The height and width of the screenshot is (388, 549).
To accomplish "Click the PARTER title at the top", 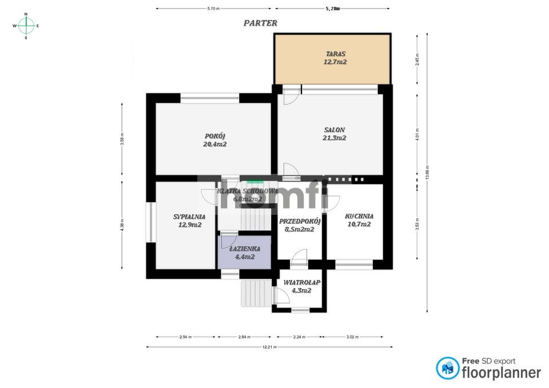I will (x=260, y=23).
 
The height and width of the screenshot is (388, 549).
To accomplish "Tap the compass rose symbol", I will (x=26, y=26).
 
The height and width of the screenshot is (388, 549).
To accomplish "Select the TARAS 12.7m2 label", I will (x=334, y=58).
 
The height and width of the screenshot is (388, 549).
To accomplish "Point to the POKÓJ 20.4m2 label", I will (x=214, y=140).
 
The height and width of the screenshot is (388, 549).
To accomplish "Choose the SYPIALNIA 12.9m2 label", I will (x=189, y=221).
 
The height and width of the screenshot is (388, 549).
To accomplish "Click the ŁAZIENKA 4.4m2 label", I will (x=245, y=253).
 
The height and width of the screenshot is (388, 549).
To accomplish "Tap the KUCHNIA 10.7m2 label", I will (x=359, y=220).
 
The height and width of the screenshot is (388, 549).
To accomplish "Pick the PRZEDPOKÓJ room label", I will (x=299, y=225).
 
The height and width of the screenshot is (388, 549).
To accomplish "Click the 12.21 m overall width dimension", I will (x=269, y=347).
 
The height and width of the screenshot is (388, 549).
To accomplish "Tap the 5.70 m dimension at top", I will (x=213, y=9).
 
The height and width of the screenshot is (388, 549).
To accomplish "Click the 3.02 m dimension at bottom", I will (x=353, y=337).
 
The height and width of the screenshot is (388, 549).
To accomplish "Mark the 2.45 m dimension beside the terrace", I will (x=417, y=59).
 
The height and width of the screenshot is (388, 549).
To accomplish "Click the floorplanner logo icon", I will (x=447, y=369).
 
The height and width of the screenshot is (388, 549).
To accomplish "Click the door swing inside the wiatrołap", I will (x=280, y=295).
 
